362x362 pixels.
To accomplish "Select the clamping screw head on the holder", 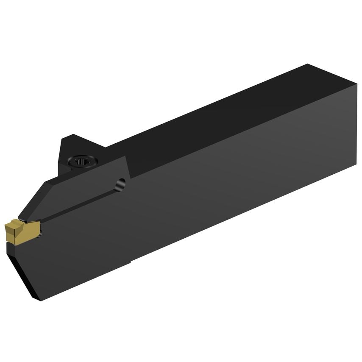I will (82, 161).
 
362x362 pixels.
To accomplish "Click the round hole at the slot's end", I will (121, 184).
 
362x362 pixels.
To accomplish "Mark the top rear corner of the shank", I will (308, 64).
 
